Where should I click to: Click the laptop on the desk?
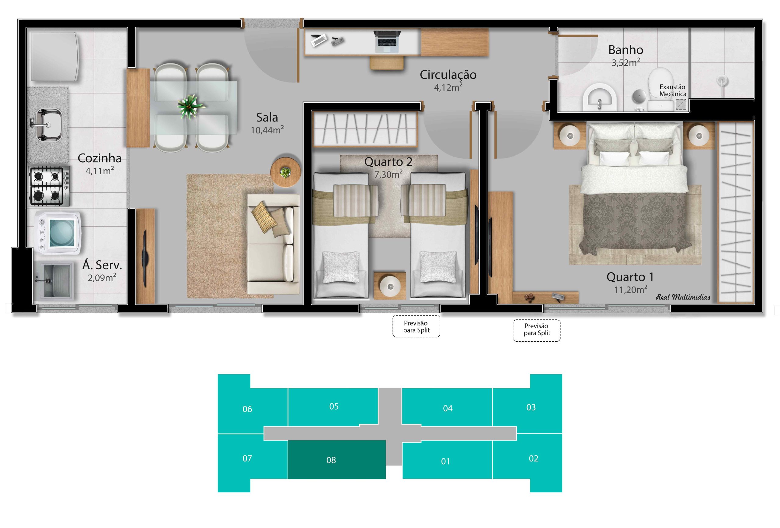(387, 41)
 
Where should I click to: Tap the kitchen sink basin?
(49, 124)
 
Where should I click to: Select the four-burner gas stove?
(49, 186)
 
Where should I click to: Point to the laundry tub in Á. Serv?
(56, 280)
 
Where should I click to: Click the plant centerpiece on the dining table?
(191, 106)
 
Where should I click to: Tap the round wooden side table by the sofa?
(285, 172)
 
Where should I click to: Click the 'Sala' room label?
(267, 118)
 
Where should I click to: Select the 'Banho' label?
(626, 50)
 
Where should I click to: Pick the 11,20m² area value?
(631, 289)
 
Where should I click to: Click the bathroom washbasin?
(600, 97)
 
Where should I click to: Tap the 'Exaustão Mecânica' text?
(673, 90)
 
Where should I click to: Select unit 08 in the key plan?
(337, 459)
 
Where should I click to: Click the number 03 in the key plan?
(531, 407)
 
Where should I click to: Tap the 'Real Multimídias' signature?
(683, 297)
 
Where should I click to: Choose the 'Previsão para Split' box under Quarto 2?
(416, 326)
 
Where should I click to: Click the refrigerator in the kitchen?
(55, 56)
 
